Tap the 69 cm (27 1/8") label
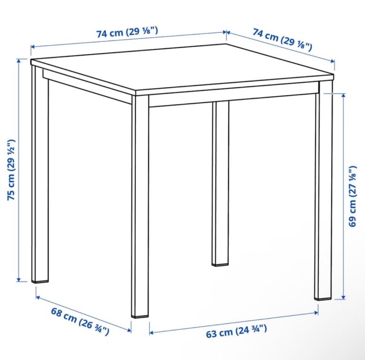point(353,196)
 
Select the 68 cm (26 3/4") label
point(80,321)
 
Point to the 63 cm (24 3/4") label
point(236,331)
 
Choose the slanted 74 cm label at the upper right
point(282,39)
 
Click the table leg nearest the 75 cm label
point(40,175)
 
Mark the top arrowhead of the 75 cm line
point(19,61)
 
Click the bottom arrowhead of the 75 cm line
point(19,280)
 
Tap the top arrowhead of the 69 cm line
point(343,96)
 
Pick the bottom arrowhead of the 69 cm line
point(343,297)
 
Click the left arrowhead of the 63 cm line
point(151,332)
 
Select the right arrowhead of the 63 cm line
point(316,313)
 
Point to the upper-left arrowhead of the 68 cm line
point(38,298)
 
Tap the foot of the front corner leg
point(140,317)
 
